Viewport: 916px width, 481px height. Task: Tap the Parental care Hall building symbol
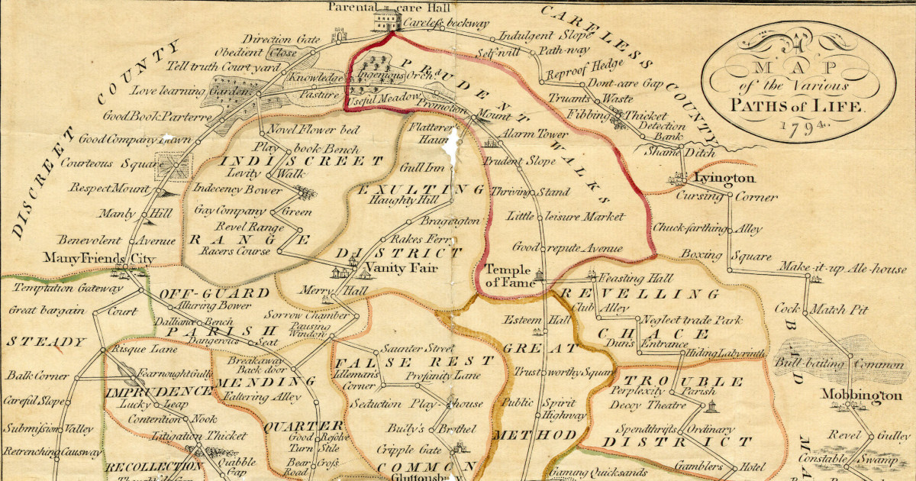tap(385, 20)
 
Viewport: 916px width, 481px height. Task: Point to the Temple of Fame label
tap(512, 276)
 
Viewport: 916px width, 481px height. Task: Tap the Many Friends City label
tap(99, 260)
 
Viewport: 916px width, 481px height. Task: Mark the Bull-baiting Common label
tap(839, 365)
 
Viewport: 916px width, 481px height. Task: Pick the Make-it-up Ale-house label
tap(843, 269)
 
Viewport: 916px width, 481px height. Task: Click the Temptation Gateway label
tap(68, 289)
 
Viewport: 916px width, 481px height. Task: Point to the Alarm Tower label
tap(533, 134)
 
